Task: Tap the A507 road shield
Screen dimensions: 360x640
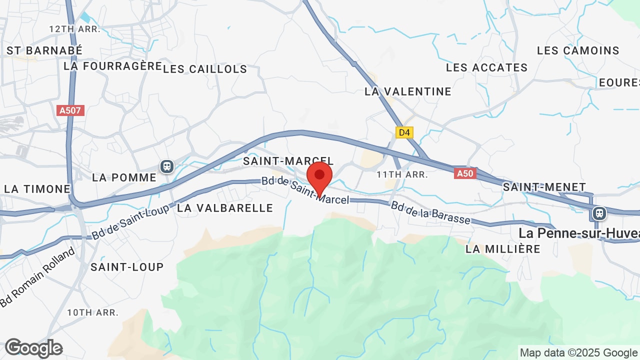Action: tap(70, 110)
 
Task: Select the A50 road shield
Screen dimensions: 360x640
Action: tap(464, 173)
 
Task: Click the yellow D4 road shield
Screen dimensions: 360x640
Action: tap(404, 132)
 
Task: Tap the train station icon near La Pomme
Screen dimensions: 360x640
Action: tap(166, 166)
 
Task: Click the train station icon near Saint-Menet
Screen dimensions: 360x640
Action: tap(598, 213)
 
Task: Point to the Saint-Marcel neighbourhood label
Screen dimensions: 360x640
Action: tap(288, 161)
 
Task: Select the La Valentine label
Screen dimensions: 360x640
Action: tap(408, 91)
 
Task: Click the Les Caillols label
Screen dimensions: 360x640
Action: tap(205, 69)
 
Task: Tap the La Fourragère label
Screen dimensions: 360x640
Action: tap(113, 66)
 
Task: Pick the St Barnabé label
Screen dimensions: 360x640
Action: tap(44, 50)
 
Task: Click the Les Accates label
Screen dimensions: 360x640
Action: tap(486, 67)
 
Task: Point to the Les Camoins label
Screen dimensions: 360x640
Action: tap(578, 50)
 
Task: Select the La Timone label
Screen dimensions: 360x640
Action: tap(37, 189)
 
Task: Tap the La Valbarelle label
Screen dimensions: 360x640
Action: tap(225, 208)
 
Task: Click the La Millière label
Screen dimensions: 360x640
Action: tap(503, 248)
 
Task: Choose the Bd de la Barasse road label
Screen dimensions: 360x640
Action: tap(430, 213)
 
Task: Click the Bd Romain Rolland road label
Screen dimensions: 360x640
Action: tap(37, 277)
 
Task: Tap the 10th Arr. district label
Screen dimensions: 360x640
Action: tap(93, 312)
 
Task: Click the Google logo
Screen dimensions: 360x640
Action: tap(33, 348)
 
